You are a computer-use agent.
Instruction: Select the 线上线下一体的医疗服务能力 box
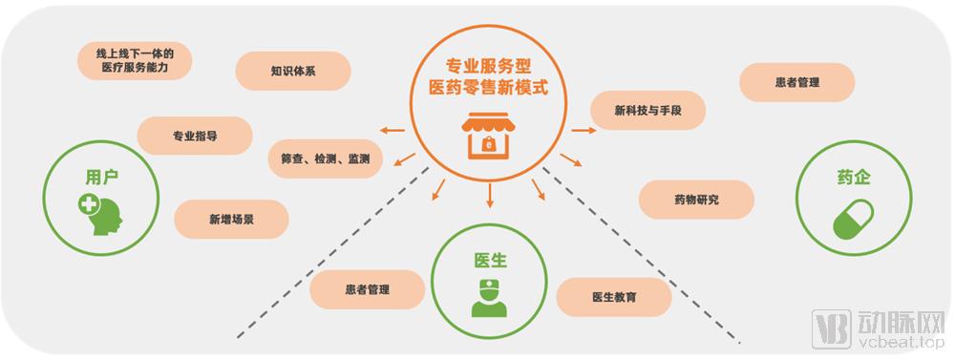pos(134,61)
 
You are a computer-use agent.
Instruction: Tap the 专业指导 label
pos(194,136)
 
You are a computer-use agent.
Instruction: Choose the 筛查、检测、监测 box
pos(326,159)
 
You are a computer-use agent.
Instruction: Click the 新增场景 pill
pos(230,220)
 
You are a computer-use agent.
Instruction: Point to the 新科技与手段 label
pos(647,110)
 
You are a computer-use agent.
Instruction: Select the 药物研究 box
pos(695,200)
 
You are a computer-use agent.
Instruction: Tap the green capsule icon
pos(856,222)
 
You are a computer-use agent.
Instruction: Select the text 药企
pos(855,179)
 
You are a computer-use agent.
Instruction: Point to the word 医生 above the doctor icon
pos(490,261)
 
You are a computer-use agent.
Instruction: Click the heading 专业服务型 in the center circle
pos(491,67)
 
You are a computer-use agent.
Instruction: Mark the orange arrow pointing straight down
pos(490,196)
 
